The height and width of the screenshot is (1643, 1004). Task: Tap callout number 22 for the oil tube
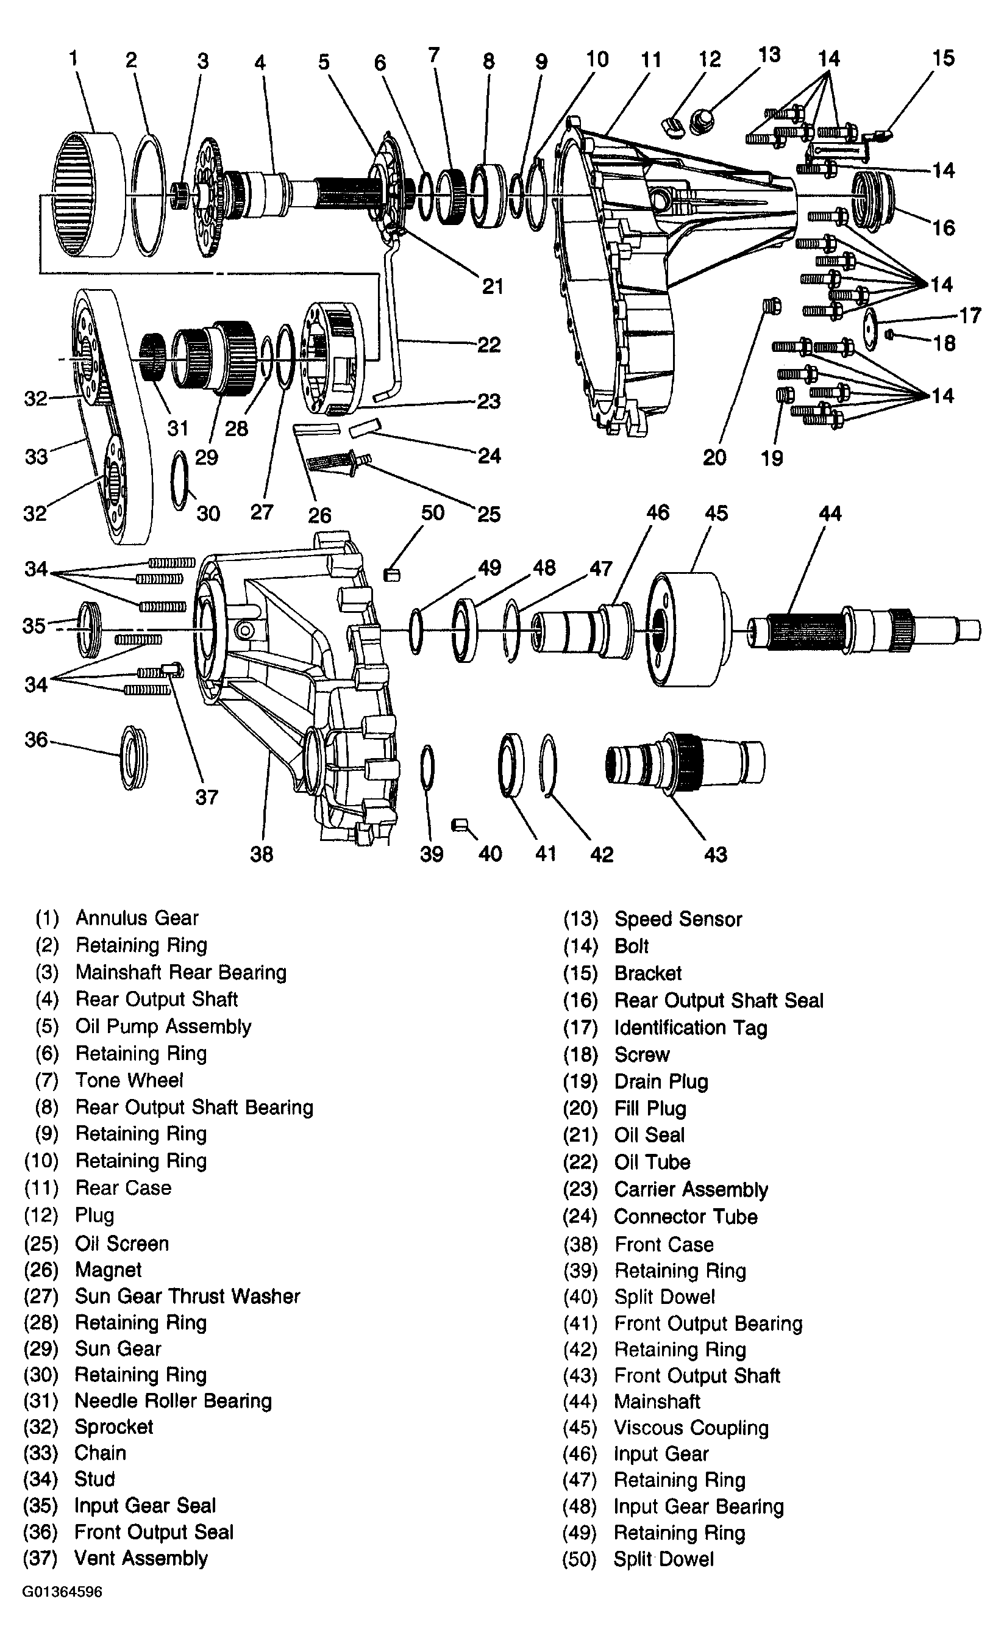pos(490,345)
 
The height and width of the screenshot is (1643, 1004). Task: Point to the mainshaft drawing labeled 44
pos(863,629)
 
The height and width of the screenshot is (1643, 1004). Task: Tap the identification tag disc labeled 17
pos(870,328)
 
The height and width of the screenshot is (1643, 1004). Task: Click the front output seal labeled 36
pos(134,759)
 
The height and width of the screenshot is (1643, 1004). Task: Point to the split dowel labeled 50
pos(393,575)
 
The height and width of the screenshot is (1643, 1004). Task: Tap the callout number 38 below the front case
pos(262,854)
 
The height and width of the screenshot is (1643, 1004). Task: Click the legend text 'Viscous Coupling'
pos(691,1428)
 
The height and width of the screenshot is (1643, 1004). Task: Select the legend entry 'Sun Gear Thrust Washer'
pos(187,1295)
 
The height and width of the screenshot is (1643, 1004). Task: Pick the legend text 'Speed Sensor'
pos(678,919)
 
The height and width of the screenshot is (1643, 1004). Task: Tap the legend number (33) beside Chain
pos(41,1453)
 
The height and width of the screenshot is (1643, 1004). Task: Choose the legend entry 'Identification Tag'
pos(690,1028)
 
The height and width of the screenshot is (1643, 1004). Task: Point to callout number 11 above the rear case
pos(650,60)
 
